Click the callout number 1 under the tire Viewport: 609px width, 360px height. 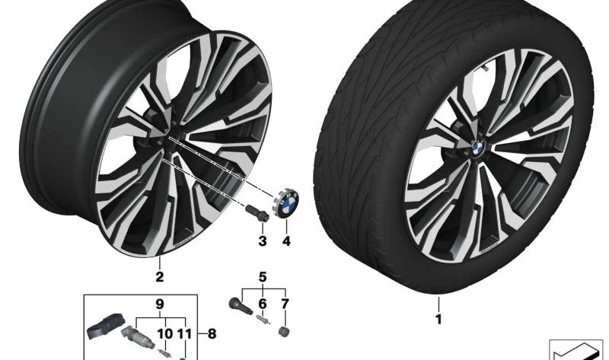point(438,319)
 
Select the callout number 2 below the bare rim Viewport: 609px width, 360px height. point(159,277)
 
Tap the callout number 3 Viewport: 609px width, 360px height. point(263,241)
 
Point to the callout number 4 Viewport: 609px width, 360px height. point(286,241)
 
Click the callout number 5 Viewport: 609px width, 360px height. point(263,277)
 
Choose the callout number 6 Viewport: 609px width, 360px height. point(263,304)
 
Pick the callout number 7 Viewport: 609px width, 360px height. point(285,304)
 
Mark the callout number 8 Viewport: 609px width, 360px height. point(212,333)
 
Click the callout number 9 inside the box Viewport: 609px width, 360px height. point(160,304)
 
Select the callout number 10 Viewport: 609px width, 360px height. point(164,333)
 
